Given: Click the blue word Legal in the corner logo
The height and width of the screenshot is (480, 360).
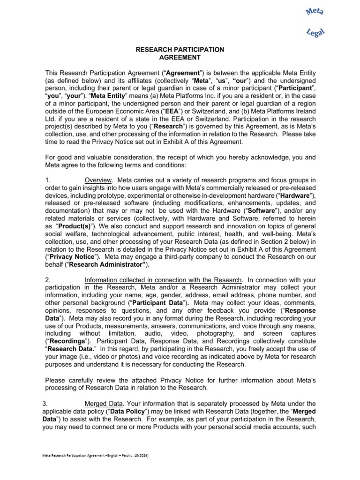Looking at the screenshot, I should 315,32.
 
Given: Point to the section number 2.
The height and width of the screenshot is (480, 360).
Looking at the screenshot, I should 47,280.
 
